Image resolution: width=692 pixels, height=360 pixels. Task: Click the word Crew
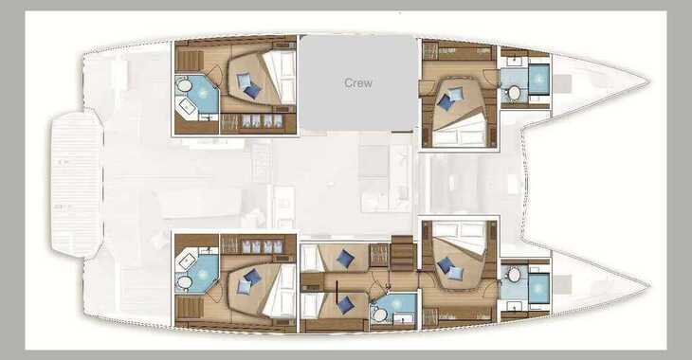(358, 83)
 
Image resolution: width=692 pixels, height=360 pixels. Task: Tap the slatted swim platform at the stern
(77, 184)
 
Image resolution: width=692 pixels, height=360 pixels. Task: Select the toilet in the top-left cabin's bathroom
(184, 85)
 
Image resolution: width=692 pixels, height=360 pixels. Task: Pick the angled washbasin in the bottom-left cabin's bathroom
(186, 261)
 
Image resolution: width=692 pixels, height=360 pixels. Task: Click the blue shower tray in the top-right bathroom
(538, 79)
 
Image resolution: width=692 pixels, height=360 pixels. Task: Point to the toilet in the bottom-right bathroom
(514, 275)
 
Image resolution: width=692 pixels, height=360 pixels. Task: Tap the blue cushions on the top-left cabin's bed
(248, 85)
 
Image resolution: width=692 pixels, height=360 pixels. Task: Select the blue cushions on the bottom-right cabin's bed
(450, 269)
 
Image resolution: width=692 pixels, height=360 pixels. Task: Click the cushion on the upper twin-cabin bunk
(345, 259)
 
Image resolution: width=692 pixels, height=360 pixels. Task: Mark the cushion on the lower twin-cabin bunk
(345, 305)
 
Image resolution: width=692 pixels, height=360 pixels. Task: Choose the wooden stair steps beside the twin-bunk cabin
(402, 253)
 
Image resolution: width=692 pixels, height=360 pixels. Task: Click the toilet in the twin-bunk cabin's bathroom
(378, 315)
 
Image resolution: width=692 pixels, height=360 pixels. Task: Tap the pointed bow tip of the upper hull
(648, 81)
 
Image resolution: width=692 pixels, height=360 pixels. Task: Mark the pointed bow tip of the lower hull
(648, 285)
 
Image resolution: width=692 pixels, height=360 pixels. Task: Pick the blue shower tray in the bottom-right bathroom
(538, 288)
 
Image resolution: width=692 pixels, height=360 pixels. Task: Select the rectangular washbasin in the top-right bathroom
(514, 61)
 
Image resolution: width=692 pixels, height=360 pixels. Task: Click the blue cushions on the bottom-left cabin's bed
(248, 281)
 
